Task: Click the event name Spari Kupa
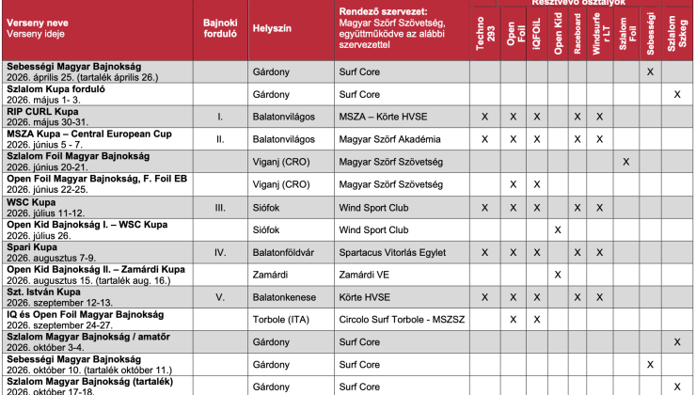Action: (33, 247)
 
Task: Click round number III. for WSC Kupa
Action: (219, 207)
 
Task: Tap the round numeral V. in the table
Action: (219, 297)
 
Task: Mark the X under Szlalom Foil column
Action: (626, 162)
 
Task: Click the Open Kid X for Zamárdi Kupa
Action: (558, 275)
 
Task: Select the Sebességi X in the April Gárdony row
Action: (651, 71)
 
